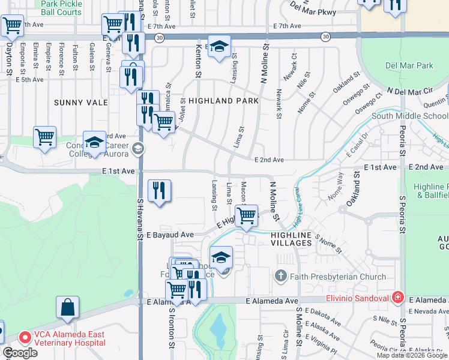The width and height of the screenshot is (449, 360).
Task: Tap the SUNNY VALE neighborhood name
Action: point(81,103)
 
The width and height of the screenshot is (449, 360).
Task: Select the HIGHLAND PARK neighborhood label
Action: point(223,101)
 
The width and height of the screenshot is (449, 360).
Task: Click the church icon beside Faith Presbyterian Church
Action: point(280,277)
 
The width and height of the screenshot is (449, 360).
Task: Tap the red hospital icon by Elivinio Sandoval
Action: point(397,297)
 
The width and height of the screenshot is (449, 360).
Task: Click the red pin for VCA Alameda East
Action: point(25,338)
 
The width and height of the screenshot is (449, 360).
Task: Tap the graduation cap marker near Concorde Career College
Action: point(94,142)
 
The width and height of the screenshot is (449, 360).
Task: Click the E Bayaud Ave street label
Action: point(170,235)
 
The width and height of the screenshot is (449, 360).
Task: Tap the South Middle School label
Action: point(409,116)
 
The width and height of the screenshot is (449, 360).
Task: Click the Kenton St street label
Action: point(197,61)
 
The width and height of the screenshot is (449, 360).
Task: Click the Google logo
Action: point(20,353)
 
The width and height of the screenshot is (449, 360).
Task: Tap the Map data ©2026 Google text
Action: point(412,355)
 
